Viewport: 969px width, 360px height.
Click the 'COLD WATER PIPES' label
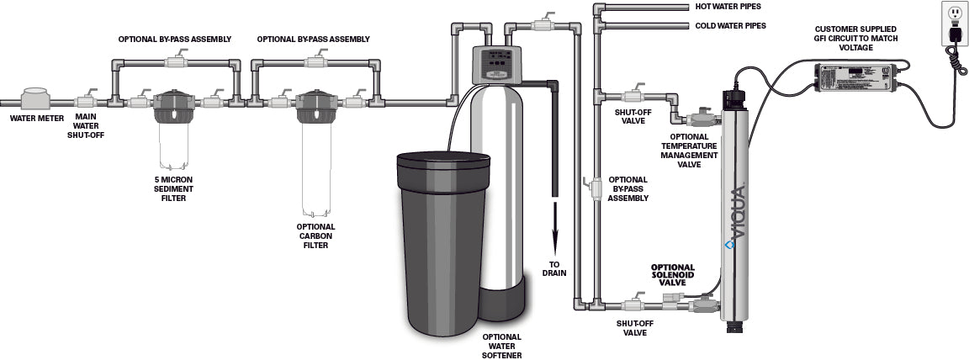730,26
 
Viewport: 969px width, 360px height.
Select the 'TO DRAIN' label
554,267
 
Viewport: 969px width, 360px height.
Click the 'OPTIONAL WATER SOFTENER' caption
502,346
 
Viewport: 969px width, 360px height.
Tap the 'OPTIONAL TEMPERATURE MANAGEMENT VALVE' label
694,150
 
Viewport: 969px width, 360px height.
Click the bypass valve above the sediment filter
175,62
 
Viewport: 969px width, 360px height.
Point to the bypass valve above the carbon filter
316,62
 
